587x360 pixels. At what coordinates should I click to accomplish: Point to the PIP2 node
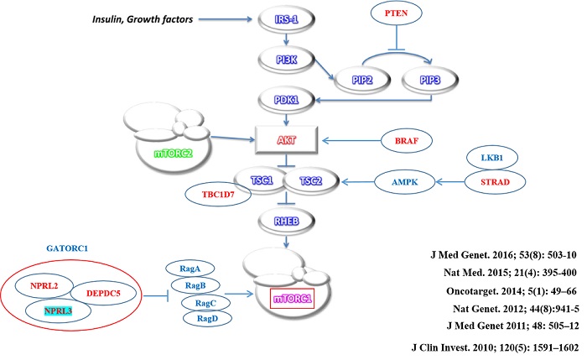point(353,81)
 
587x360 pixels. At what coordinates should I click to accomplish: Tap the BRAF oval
point(408,141)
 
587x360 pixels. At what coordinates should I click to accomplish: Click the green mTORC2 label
point(174,154)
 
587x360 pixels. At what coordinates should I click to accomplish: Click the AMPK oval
point(396,180)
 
